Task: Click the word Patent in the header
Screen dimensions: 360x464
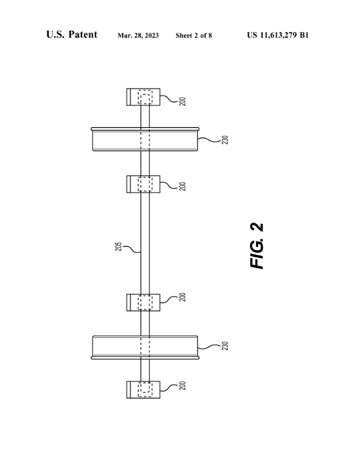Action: (x=83, y=35)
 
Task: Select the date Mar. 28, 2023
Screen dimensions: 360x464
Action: (x=138, y=35)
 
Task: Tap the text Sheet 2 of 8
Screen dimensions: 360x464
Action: (x=194, y=35)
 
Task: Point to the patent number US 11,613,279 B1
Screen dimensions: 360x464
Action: (x=278, y=35)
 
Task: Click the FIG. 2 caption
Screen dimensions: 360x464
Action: (x=257, y=246)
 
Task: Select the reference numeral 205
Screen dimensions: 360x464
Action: (x=118, y=247)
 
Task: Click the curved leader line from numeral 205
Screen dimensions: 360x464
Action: (x=131, y=249)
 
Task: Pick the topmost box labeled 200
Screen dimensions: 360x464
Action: (x=143, y=97)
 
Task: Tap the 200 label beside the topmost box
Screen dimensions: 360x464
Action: (x=183, y=101)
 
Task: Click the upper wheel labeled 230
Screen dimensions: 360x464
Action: (x=145, y=139)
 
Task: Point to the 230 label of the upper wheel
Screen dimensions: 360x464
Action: (x=225, y=140)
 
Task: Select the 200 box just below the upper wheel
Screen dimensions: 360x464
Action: (x=143, y=184)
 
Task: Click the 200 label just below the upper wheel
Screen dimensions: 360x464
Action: (x=183, y=186)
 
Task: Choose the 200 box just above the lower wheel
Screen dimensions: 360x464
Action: (x=143, y=303)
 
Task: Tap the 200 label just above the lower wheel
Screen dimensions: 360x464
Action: (x=183, y=297)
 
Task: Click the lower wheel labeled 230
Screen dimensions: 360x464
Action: (x=145, y=347)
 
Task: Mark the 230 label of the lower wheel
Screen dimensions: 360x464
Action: (x=225, y=346)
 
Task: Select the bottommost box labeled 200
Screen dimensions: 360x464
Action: (x=143, y=390)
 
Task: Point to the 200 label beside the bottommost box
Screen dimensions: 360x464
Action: (x=183, y=385)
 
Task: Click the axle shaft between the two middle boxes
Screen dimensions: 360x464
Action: (x=145, y=243)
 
